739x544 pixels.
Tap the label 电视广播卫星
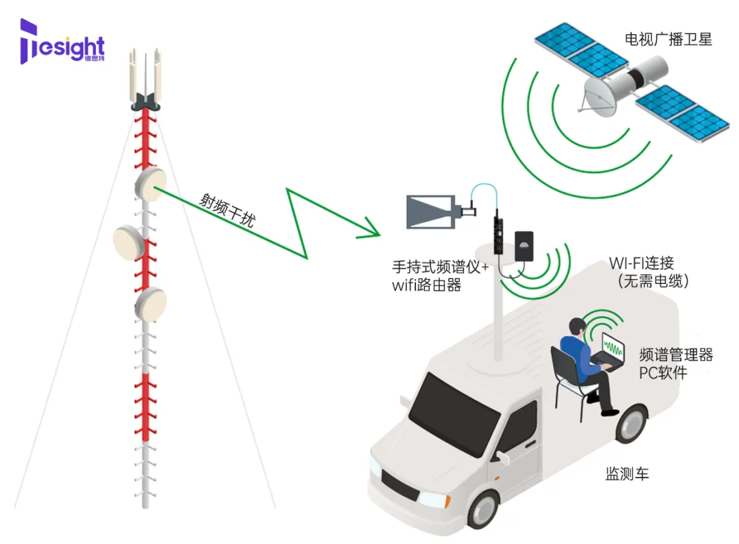668,40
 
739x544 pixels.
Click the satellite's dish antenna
597,95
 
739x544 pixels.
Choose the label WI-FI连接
641,263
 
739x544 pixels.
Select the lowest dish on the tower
151,305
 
